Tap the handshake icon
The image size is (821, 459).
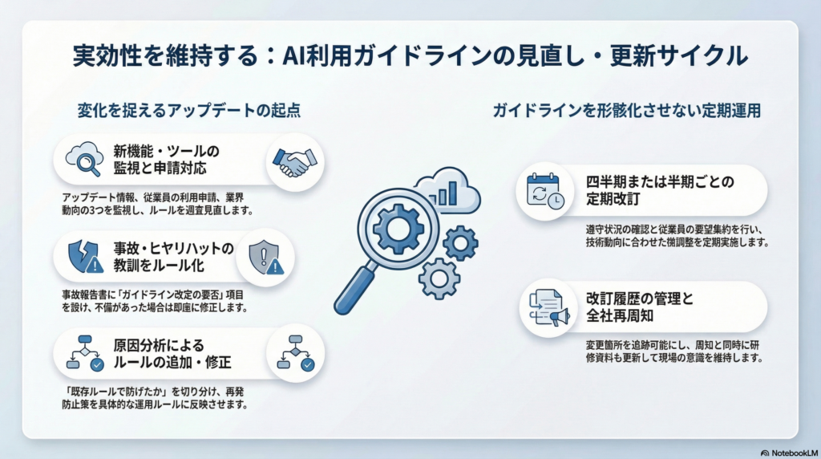(x=295, y=162)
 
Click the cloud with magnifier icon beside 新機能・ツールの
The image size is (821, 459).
(x=84, y=159)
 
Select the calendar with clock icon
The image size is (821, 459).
(x=545, y=191)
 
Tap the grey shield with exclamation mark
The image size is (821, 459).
(x=266, y=258)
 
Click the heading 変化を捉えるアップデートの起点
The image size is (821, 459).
(x=189, y=111)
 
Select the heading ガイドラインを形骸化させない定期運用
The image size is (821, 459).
(x=627, y=111)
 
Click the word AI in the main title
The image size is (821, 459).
(x=294, y=56)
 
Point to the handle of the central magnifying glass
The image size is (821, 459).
(x=355, y=289)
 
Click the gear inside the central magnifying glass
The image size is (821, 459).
(x=398, y=229)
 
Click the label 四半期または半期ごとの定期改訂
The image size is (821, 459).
(x=660, y=190)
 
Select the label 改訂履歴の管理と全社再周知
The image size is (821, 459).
(x=639, y=307)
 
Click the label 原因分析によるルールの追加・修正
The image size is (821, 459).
(x=172, y=354)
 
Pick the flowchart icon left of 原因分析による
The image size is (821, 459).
(x=85, y=353)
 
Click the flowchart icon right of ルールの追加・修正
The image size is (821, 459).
(x=295, y=353)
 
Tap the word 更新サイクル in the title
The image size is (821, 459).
(x=678, y=56)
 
